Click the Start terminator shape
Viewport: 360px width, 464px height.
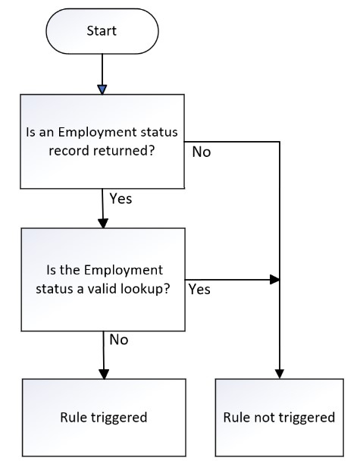102,31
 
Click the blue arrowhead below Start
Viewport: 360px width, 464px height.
102,89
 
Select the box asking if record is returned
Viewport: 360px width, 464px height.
102,142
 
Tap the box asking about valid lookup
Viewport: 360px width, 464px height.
103,279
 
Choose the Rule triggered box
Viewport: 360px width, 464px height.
104,417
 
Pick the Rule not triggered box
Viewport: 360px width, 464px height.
279,417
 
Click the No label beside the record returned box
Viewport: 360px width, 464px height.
202,152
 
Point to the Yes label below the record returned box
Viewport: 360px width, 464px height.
121,199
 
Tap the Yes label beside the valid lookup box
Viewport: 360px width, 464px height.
199,289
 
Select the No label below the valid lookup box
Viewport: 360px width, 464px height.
119,340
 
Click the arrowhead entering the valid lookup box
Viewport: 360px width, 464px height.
103,224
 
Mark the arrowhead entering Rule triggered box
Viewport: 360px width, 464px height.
104,375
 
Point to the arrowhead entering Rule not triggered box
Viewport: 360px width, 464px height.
279,374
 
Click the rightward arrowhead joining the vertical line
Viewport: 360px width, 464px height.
275,279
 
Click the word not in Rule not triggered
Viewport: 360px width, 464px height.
265,418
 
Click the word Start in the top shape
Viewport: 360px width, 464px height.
102,31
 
